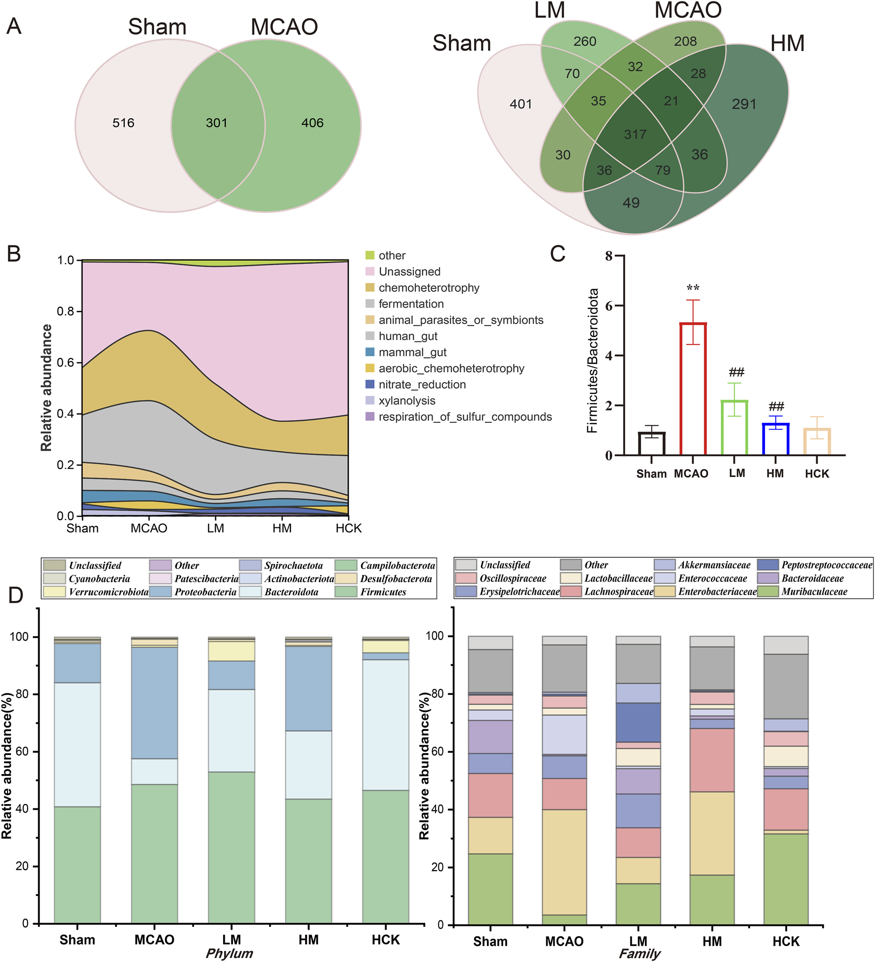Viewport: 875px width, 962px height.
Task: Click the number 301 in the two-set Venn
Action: pos(216,123)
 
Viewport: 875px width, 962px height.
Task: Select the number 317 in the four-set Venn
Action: pos(635,134)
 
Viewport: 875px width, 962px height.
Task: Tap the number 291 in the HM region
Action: pos(744,104)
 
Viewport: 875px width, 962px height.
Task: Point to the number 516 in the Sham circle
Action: pos(123,123)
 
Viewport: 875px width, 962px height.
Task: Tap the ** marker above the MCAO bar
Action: pos(693,287)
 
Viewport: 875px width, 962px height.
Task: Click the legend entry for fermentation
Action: pos(411,304)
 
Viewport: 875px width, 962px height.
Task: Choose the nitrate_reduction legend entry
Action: pos(422,385)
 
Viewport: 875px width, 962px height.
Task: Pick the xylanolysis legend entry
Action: pos(406,401)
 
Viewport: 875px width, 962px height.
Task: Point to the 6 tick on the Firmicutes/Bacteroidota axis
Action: pos(609,306)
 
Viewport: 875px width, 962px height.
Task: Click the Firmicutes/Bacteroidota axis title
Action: pos(592,361)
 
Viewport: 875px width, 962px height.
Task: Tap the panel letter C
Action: pos(557,254)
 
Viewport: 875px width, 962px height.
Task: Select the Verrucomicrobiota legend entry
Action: pos(108,592)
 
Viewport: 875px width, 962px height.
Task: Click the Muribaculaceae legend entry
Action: pos(814,592)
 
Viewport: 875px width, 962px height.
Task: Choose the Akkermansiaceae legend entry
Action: pos(714,565)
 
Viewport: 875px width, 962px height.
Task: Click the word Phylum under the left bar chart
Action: pos(229,953)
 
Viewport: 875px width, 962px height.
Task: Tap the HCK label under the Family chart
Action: pos(786,941)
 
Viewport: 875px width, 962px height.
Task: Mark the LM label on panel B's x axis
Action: pos(216,528)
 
